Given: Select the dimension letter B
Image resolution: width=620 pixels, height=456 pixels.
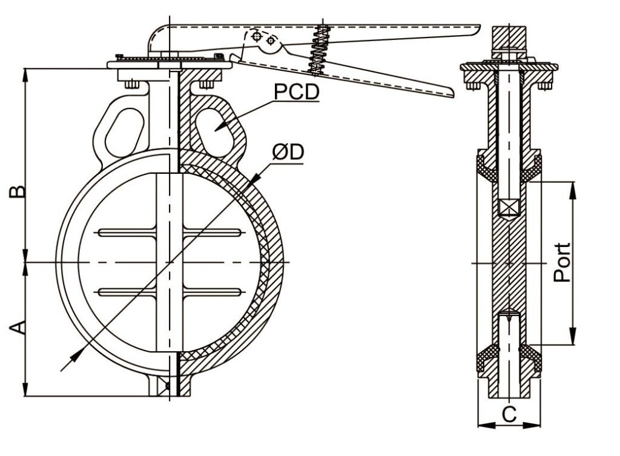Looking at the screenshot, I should (x=18, y=191).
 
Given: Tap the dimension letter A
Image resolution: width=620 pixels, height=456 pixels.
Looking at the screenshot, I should (x=18, y=328).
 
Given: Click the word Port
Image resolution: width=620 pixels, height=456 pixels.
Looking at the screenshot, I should (x=563, y=262).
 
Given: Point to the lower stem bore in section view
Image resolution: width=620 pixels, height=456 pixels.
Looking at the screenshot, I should (x=509, y=351).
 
